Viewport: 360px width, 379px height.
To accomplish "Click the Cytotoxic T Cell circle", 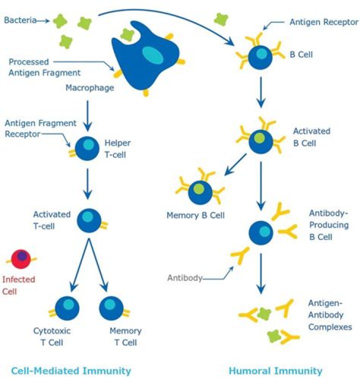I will pyautogui.click(x=66, y=308).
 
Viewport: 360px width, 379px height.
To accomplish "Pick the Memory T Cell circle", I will pyautogui.click(x=111, y=308).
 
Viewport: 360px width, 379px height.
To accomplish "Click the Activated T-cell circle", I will pyautogui.click(x=88, y=219).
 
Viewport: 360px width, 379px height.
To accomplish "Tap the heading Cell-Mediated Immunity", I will pyautogui.click(x=71, y=370).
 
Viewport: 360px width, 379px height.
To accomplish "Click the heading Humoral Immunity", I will pyautogui.click(x=275, y=370).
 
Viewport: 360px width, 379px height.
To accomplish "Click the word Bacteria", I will pyautogui.click(x=19, y=20).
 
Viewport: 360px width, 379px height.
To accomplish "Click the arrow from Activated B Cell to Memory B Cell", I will pyautogui.click(x=236, y=164).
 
